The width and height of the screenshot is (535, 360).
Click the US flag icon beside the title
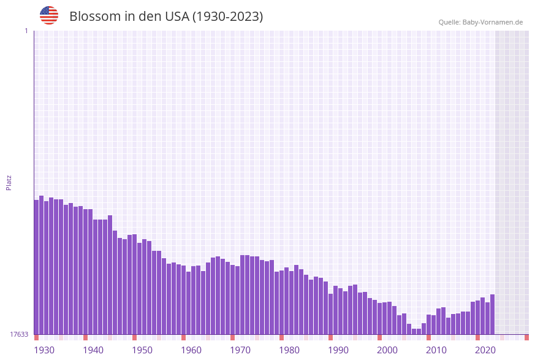(x=49, y=15)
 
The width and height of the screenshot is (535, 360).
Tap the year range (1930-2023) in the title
(x=227, y=17)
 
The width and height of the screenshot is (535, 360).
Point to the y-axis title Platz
(x=9, y=182)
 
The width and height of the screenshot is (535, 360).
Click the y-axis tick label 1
(x=26, y=31)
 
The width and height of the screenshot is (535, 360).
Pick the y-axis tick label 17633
(x=19, y=334)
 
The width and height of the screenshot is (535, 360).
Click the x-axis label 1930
(x=44, y=350)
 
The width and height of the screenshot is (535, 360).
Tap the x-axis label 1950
(x=142, y=350)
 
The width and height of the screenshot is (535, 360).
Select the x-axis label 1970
(x=240, y=350)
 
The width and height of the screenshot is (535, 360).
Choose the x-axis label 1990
(x=338, y=350)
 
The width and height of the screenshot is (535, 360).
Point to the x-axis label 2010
(x=436, y=350)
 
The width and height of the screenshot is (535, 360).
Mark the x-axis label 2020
(x=485, y=350)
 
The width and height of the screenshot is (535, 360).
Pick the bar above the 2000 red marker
(x=379, y=318)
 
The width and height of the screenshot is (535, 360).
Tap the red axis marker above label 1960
(x=183, y=337)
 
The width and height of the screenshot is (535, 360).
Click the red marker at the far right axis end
(x=526, y=337)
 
